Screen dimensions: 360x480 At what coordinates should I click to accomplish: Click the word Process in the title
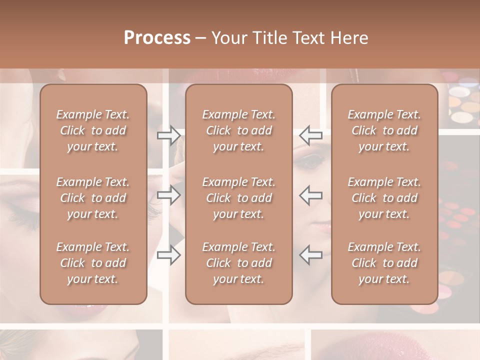pos(157,38)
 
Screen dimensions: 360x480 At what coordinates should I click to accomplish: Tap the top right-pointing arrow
pos(168,135)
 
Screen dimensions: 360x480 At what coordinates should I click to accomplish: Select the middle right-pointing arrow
pos(168,195)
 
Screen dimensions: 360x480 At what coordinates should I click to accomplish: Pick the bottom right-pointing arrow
pos(168,255)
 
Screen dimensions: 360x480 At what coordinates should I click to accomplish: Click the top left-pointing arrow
pos(310,135)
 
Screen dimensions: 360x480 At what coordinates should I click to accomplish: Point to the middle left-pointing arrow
pos(310,195)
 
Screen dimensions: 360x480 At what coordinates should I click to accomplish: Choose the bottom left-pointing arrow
pos(310,255)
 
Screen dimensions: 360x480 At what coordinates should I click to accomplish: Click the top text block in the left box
pos(93,130)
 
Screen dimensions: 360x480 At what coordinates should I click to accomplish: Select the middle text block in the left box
pos(93,198)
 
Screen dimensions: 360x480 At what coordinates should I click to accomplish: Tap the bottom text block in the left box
pos(93,263)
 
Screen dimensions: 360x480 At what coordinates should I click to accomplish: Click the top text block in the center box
pos(238,130)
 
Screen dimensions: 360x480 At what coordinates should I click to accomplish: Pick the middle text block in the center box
pos(238,198)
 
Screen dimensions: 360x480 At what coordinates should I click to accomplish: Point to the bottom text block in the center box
pos(238,263)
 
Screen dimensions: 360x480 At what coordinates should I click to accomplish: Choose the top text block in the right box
pos(384,130)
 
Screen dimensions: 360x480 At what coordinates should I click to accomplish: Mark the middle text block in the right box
pos(384,198)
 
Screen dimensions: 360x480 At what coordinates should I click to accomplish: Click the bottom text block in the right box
pos(384,263)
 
